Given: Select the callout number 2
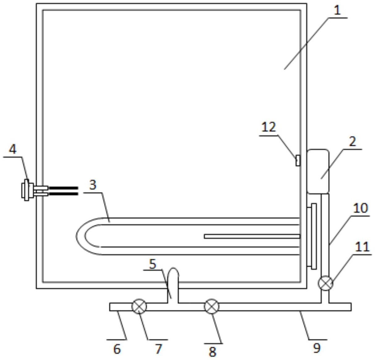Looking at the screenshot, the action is pos(352,141).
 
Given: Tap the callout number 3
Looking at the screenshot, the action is pos(93,185).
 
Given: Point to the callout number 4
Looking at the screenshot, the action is pos(12,149).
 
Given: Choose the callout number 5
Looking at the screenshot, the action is pos(152,264).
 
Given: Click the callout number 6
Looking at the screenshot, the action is pos(117,349).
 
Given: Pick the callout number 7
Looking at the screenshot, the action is pos(158,349).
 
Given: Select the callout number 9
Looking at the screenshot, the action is pos(317,348).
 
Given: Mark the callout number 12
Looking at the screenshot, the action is pos(269,127).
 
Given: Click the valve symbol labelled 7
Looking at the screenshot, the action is pos(139,307).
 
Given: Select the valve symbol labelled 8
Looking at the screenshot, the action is pos(212,307).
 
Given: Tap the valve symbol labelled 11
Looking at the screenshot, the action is pos(325,283).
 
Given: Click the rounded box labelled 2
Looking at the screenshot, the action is pos(318,171).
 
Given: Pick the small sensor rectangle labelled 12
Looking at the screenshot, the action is pos(298,161).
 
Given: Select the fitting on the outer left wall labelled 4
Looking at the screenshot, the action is pos(27,191).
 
